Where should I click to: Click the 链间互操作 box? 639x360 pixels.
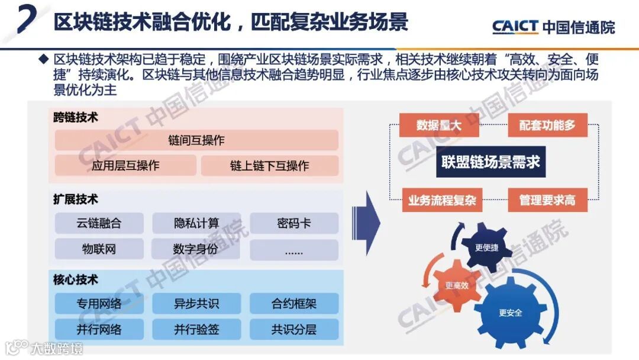196,140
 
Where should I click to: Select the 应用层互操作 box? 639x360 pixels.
125,166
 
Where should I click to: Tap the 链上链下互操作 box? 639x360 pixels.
269,166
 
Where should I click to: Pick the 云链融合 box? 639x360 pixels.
99,223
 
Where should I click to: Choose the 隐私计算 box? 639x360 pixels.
196,223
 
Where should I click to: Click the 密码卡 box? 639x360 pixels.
293,223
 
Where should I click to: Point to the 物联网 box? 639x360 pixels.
99,249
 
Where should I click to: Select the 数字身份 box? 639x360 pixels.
196,249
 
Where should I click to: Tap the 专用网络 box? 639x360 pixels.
99,304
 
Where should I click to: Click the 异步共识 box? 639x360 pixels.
196,304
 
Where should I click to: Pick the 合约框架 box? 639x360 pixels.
293,304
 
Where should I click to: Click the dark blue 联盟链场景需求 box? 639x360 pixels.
491,162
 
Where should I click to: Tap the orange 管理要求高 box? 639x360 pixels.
547,200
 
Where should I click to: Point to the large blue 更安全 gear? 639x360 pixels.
510,313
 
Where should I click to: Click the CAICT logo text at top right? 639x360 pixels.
515,27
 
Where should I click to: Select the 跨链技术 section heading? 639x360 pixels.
76,117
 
